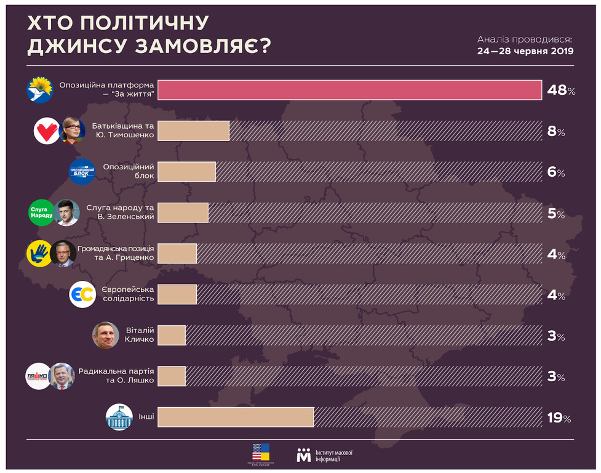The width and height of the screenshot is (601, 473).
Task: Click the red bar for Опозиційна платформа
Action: click(x=349, y=90)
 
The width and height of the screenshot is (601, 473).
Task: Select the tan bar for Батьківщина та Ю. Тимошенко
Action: click(x=194, y=131)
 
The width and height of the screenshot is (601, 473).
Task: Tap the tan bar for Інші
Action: click(x=236, y=417)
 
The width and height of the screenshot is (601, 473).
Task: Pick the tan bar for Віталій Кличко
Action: click(x=172, y=336)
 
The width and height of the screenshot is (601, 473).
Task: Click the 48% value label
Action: click(x=561, y=91)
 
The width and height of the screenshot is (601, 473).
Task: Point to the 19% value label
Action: click(x=559, y=418)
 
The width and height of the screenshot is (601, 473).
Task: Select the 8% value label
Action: click(x=556, y=131)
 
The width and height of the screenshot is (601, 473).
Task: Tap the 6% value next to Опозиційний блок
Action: click(x=556, y=172)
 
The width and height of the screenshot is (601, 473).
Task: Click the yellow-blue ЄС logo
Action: click(x=82, y=295)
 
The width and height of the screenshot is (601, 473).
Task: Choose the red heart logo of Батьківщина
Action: click(x=46, y=131)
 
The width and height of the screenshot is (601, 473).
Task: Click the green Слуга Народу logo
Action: click(x=41, y=213)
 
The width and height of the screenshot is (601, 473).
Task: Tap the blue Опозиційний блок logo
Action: click(x=82, y=172)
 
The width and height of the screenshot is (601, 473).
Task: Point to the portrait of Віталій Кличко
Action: click(x=105, y=336)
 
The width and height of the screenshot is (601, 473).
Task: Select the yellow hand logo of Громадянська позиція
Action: click(x=39, y=253)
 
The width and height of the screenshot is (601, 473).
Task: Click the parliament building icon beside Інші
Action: click(x=119, y=417)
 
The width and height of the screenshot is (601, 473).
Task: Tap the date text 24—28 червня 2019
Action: click(x=525, y=51)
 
